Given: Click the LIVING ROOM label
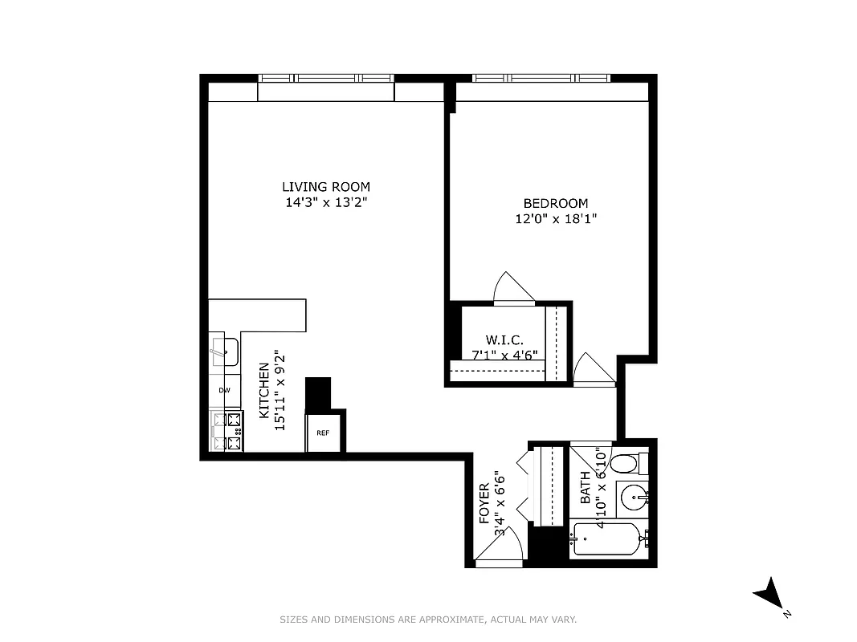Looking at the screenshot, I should (x=325, y=187).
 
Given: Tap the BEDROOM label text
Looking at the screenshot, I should (x=555, y=203).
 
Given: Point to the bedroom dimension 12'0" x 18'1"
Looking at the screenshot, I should (x=555, y=218).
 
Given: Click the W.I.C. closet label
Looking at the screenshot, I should (x=504, y=340).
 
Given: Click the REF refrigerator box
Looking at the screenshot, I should (x=323, y=433).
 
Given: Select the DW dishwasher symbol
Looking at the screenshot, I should (x=225, y=391).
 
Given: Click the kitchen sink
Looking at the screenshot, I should (x=225, y=351).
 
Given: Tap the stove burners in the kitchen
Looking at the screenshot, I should (x=233, y=431).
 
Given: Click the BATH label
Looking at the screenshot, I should (x=585, y=487).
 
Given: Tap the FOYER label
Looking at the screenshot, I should (x=485, y=504).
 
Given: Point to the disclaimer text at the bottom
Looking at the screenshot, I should (x=428, y=620).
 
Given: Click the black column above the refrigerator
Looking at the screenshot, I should (x=319, y=393).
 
